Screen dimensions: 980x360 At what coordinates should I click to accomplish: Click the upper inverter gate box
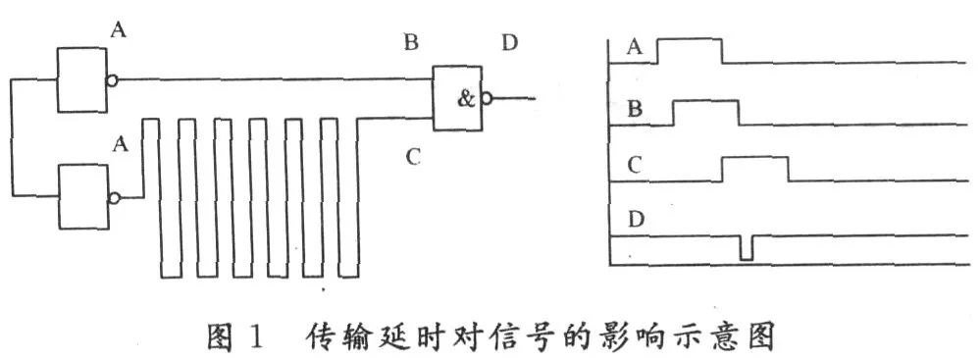81,79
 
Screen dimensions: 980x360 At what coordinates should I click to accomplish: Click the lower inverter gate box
83,196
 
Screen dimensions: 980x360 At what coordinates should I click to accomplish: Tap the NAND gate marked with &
458,98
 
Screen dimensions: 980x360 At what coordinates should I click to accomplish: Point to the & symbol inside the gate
467,99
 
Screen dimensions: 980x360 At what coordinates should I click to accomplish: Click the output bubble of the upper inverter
112,80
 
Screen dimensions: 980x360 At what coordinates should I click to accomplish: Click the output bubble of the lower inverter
115,197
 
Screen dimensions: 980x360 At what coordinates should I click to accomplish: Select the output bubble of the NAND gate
487,98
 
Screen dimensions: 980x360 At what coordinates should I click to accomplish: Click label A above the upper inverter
118,29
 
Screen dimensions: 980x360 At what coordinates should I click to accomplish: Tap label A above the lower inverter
121,145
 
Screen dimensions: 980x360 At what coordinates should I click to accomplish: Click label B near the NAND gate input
411,43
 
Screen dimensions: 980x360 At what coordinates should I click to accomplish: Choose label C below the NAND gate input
412,157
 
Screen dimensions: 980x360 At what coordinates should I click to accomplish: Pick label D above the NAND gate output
510,44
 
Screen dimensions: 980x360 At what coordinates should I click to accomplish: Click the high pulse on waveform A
690,39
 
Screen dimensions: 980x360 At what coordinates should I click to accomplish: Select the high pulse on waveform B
705,101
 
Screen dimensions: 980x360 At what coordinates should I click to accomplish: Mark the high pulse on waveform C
755,159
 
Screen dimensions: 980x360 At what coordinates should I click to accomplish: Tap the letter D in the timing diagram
637,220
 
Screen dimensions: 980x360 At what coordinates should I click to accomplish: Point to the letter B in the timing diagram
635,110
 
